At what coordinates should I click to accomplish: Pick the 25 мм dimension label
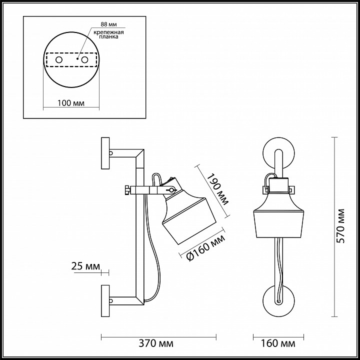[85, 265]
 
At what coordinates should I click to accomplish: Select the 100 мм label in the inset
[71, 103]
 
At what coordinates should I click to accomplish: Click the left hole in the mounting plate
[59, 60]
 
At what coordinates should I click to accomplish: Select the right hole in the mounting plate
[85, 60]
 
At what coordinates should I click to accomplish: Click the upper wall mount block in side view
[105, 154]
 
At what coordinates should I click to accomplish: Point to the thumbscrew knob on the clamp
[127, 190]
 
